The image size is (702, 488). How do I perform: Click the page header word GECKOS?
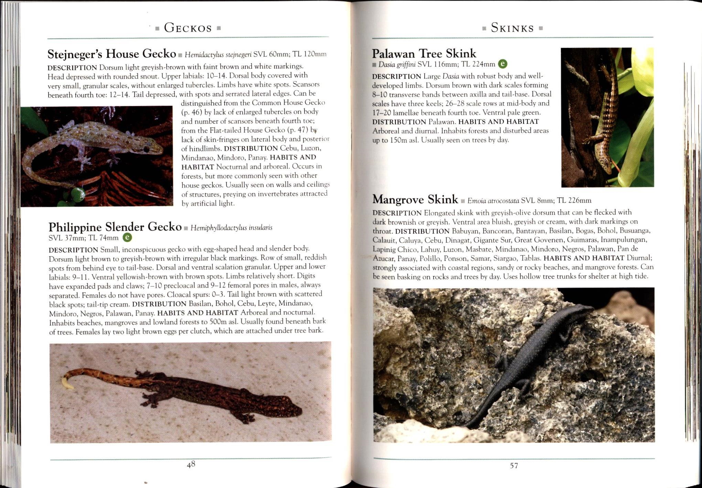[188, 28]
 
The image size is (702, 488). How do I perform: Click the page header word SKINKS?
[512, 28]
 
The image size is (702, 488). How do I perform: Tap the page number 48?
[191, 465]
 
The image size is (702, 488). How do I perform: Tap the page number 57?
[514, 466]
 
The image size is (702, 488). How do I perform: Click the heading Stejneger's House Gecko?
[112, 54]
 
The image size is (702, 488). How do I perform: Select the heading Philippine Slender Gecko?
[115, 227]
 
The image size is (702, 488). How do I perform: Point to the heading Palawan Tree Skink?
[424, 53]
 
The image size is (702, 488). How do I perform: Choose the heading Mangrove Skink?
[415, 199]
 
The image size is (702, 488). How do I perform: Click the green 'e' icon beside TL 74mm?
[127, 237]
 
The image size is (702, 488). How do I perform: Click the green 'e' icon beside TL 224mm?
[503, 64]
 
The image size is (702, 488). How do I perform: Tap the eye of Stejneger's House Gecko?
[147, 149]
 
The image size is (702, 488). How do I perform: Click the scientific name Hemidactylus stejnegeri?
[218, 55]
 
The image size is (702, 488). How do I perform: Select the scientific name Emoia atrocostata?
[493, 201]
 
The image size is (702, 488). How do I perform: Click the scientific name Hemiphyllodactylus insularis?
[231, 228]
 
